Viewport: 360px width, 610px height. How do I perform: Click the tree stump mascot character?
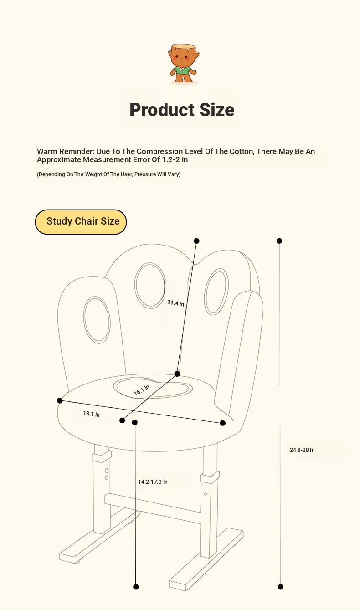184,64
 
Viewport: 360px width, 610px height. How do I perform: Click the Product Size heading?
182,109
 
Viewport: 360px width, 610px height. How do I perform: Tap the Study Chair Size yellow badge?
81,222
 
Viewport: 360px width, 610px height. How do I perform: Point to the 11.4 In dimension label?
175,303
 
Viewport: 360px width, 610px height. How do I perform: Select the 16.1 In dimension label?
142,390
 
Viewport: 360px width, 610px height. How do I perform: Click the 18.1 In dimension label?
92,414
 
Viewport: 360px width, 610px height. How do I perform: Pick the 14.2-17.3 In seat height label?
153,482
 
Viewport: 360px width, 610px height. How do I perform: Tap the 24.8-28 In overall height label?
302,450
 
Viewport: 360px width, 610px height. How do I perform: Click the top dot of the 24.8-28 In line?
279,241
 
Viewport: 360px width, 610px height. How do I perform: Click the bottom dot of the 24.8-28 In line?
281,587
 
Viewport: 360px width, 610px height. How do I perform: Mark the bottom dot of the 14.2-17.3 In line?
136,587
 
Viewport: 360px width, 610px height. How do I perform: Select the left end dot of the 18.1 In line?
60,400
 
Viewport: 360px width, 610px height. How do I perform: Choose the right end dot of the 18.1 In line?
222,423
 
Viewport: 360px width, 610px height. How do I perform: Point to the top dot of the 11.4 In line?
196,241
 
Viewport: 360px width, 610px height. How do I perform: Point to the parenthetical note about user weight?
108,174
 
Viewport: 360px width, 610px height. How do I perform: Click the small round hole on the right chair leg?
206,494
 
